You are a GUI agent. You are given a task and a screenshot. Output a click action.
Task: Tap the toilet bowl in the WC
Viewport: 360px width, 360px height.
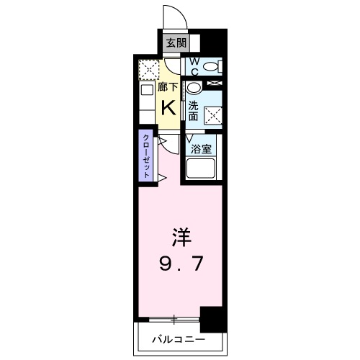[x=210, y=67]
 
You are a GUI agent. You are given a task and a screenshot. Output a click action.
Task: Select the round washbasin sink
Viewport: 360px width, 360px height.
[x=194, y=88]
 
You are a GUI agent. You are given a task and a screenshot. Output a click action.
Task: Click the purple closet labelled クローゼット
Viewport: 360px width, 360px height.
[x=145, y=156]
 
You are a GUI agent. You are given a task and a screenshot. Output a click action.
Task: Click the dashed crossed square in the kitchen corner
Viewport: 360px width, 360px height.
[x=148, y=70]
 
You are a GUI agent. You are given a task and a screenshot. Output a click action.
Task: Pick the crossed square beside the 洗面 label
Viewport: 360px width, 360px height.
[x=214, y=114]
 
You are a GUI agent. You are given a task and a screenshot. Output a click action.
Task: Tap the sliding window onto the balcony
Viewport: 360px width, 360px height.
[x=174, y=318]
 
